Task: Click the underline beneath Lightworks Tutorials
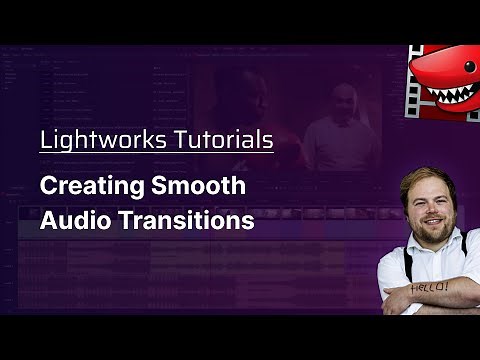tap(156, 153)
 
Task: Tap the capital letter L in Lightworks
tap(45, 139)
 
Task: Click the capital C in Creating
tap(48, 187)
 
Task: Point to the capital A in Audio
tap(48, 220)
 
